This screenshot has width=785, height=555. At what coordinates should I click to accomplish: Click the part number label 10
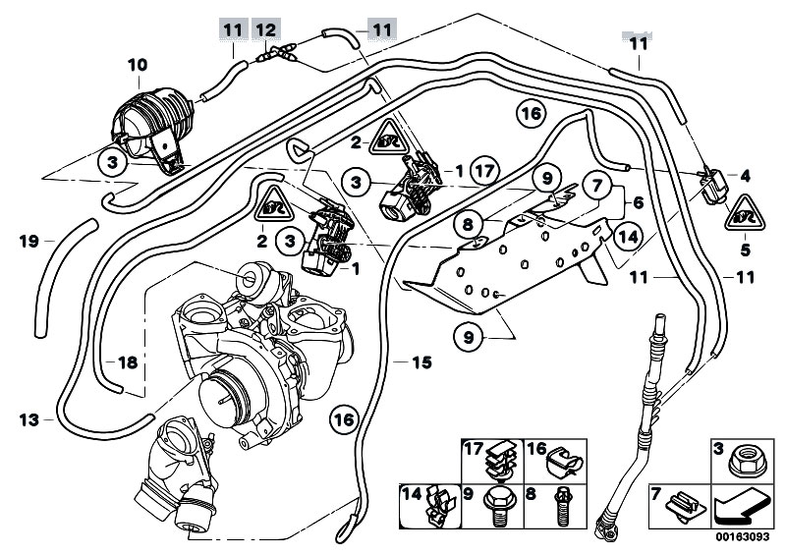(137, 65)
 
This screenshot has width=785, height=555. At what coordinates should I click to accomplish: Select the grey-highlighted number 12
(267, 29)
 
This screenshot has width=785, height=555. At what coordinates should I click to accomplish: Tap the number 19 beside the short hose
(28, 239)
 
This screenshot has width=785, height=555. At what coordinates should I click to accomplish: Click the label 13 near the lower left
(28, 420)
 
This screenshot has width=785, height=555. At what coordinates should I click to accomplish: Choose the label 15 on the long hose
(421, 362)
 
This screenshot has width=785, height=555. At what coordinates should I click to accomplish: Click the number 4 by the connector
(745, 177)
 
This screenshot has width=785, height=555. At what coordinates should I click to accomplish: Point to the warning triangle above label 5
(743, 211)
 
